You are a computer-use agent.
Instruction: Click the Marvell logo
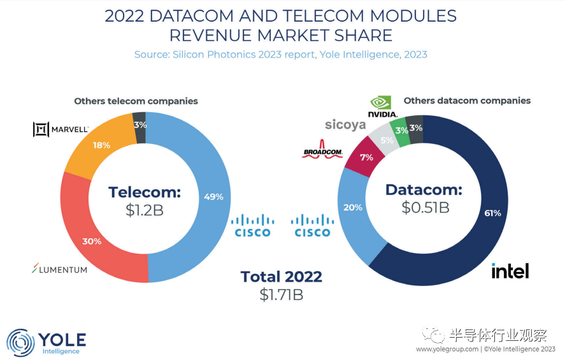point(61,129)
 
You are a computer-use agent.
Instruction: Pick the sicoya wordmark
point(345,124)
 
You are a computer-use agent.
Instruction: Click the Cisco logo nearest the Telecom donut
point(252,226)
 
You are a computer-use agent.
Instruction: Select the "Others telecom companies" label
point(136,101)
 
